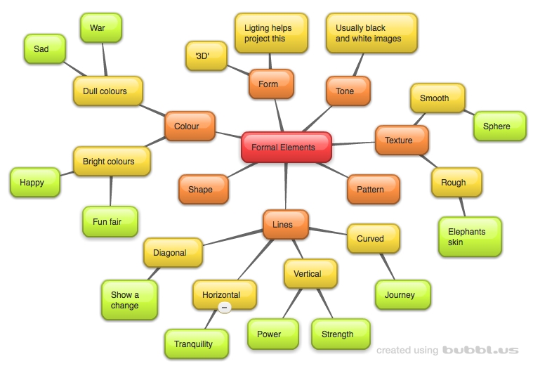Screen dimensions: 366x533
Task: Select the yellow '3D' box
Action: point(206,56)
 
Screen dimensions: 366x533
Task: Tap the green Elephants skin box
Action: point(471,237)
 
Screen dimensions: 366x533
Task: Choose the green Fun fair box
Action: point(110,222)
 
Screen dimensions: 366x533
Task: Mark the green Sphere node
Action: point(499,126)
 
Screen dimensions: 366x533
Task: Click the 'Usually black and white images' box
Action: point(371,33)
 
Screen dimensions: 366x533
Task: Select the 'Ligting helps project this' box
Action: point(271,33)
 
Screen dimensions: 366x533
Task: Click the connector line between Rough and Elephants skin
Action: point(461,206)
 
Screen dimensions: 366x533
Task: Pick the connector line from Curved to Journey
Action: point(387,267)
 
